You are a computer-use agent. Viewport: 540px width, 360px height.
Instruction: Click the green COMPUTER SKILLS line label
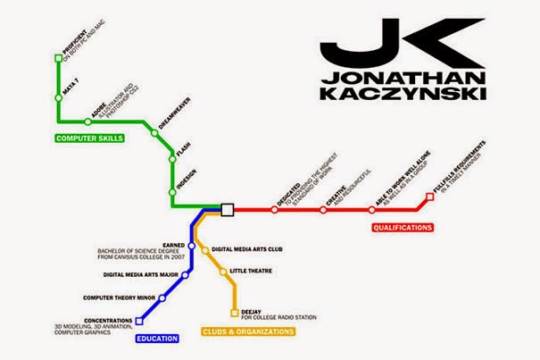coord(89,138)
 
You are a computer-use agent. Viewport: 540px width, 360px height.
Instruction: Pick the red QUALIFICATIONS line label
coord(403,229)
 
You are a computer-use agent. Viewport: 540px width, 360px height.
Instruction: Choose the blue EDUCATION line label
coord(157,339)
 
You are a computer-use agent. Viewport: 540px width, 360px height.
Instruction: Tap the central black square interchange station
coord(227,209)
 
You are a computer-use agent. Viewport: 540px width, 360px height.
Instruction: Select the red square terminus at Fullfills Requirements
coord(429,196)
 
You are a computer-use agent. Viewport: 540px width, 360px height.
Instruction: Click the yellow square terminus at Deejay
coord(234,313)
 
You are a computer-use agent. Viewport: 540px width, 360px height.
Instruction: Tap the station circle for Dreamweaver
coord(154,133)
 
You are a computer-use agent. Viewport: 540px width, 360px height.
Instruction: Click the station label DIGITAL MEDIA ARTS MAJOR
coord(141,275)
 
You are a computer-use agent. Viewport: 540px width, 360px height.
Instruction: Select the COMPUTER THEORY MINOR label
coord(120,297)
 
